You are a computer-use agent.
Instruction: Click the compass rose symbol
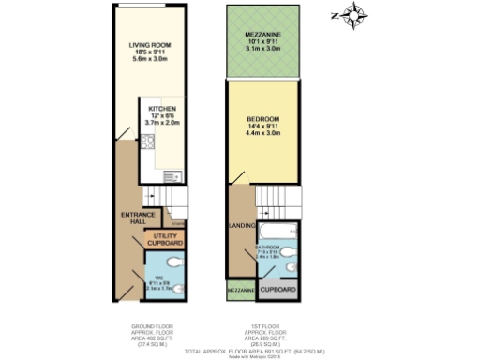point(354,16)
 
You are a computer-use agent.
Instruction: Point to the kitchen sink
point(172,176)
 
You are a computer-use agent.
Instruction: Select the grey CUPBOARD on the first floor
point(278,290)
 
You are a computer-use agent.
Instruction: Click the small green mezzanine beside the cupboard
point(241,291)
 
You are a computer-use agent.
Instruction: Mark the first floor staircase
point(272,201)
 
